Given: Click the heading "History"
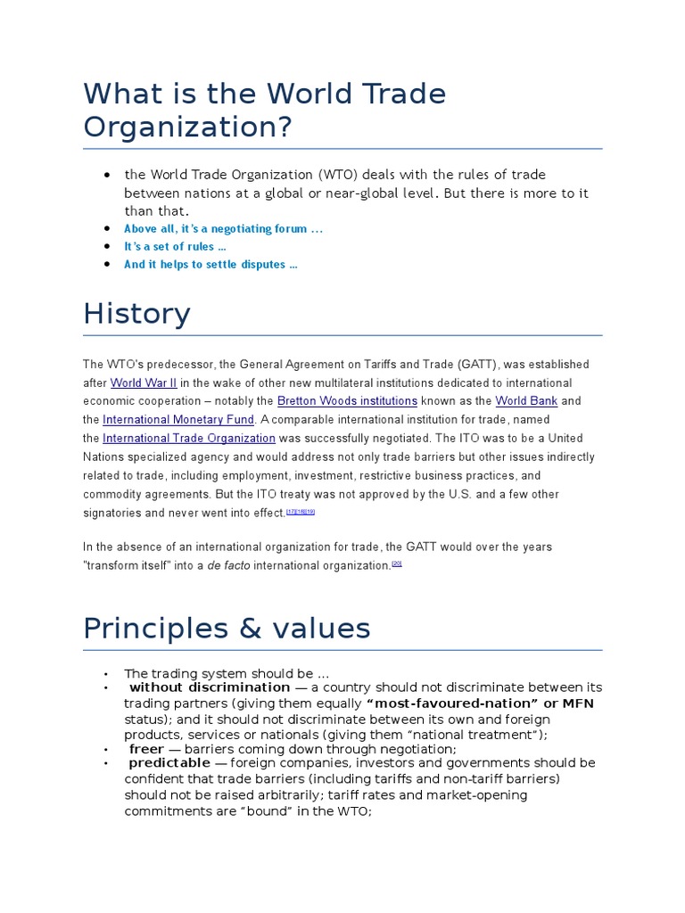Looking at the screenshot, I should (x=136, y=314).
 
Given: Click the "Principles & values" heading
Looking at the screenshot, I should (x=227, y=629).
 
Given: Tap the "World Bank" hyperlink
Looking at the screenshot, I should (x=526, y=401).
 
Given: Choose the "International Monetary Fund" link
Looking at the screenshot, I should (x=178, y=420).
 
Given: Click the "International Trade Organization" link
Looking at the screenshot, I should (x=189, y=439).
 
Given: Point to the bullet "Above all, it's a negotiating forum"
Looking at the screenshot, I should (x=223, y=229).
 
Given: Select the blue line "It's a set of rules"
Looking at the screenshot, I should (x=175, y=247).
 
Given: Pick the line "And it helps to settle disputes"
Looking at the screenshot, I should (x=210, y=265).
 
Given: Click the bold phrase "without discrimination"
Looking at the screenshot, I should (x=210, y=687).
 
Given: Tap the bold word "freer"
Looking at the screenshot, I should (x=146, y=749).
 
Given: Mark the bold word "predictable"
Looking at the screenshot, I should (x=170, y=763).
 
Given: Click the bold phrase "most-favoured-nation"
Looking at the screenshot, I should (x=451, y=703).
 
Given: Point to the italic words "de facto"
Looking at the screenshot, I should (x=228, y=565).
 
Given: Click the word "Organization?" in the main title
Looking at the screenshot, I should (x=187, y=127).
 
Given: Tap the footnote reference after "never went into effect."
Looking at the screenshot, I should (x=301, y=512).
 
